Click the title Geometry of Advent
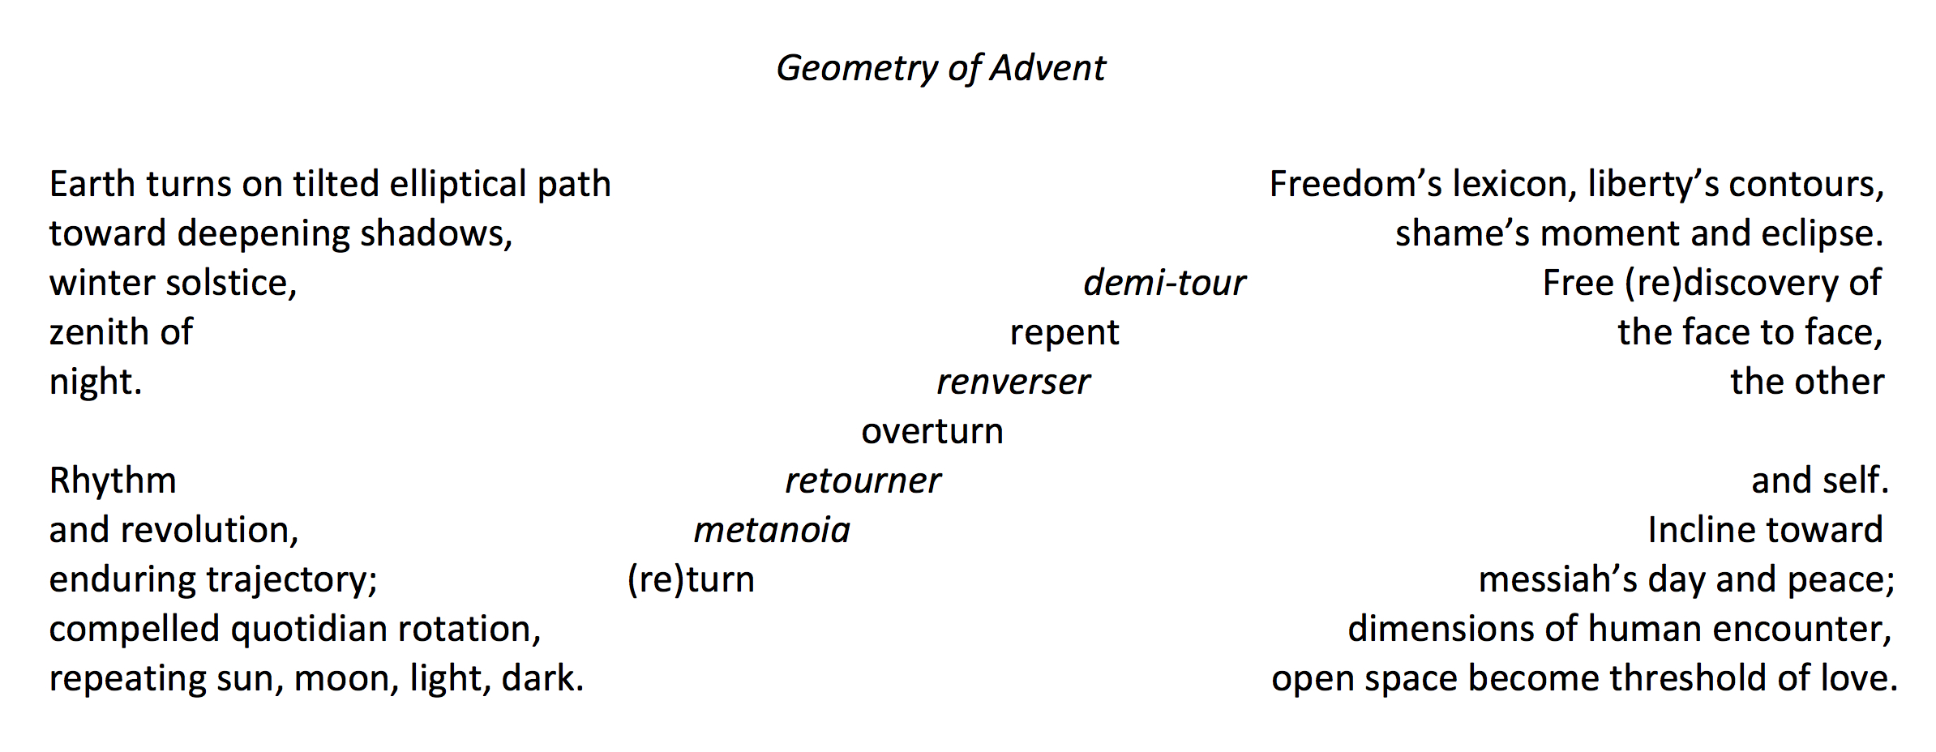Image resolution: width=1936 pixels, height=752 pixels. tap(940, 68)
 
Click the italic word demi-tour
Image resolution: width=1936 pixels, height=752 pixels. tap(1163, 283)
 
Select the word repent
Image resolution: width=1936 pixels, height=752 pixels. tap(1064, 332)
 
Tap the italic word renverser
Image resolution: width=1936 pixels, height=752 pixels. tap(1013, 382)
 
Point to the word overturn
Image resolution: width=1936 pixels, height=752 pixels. tap(932, 431)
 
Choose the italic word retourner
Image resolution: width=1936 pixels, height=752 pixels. tap(863, 481)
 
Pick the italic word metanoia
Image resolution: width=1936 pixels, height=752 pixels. tap(772, 530)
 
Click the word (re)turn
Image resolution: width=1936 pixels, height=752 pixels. tap(691, 579)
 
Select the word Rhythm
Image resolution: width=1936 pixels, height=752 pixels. tap(113, 481)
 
